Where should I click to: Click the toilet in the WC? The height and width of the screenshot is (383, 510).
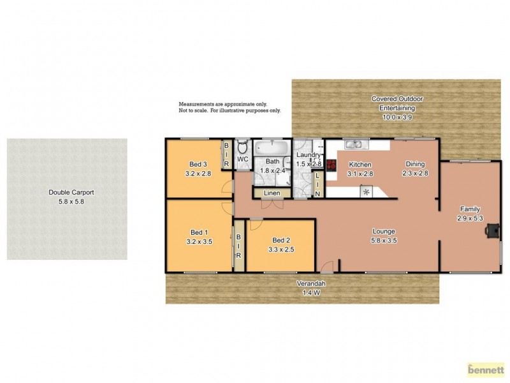pos(243,147)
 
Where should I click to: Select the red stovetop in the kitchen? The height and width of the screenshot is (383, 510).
pos(331,164)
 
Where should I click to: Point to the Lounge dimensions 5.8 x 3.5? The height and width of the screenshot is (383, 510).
pos(384,241)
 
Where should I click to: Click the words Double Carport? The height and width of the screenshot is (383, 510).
pos(66,192)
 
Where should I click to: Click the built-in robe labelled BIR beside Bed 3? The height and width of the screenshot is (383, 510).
pos(226,155)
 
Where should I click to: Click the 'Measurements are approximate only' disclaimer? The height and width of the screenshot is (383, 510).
pos(223,103)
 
